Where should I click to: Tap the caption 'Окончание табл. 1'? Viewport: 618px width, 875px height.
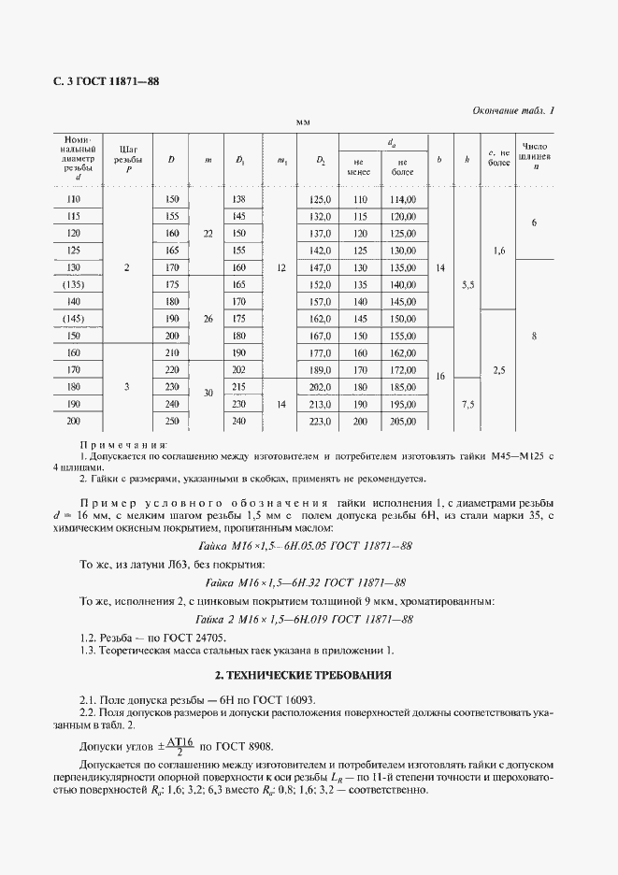[511, 110]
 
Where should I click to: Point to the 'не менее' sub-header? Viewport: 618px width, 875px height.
[359, 166]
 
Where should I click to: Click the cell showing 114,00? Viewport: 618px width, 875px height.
[403, 200]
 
